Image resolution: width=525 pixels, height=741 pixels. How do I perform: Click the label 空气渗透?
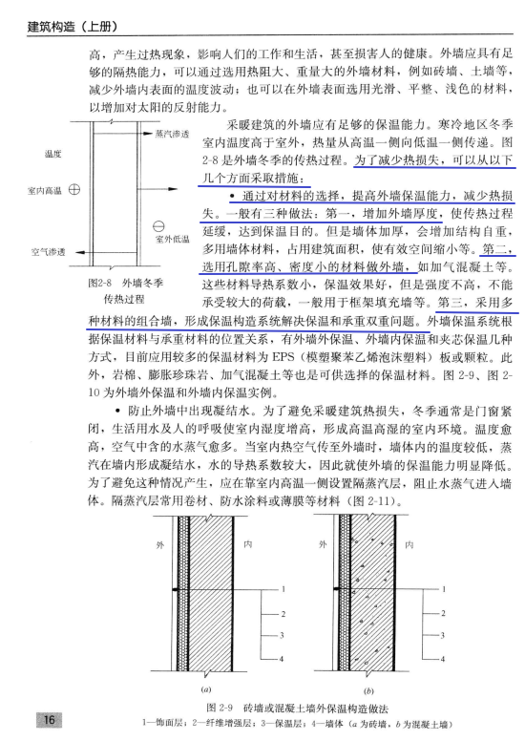tap(47, 252)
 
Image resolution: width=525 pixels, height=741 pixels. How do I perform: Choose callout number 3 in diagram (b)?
tap(446, 634)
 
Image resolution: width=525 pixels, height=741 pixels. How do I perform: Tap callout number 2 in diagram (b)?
tap(446, 612)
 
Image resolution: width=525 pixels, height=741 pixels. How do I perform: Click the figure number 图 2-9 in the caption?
tap(222, 707)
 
